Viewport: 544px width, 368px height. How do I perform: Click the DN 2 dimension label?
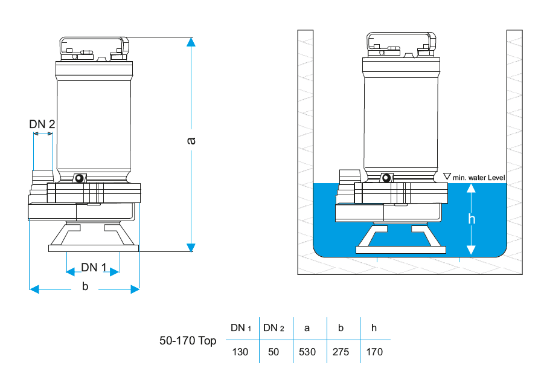[42, 124]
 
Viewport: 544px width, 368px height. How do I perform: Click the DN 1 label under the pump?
[94, 268]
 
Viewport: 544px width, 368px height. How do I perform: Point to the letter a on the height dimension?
[191, 140]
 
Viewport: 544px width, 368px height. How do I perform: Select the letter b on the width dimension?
[85, 286]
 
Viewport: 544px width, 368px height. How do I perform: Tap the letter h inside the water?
[472, 219]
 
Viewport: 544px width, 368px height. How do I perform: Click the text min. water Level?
[479, 178]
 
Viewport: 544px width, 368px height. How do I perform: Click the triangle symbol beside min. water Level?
[447, 176]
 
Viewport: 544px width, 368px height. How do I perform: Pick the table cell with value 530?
[307, 352]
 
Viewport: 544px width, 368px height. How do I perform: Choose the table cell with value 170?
[374, 352]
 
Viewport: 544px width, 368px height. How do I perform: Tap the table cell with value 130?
[240, 352]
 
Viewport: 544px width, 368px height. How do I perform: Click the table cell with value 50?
[274, 352]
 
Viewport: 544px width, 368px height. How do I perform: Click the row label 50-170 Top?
[188, 341]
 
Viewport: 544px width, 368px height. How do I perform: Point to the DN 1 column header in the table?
[240, 328]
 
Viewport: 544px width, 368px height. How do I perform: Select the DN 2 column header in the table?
[274, 328]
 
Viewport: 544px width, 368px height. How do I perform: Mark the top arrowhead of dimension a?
[191, 42]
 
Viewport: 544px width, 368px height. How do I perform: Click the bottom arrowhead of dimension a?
[191, 247]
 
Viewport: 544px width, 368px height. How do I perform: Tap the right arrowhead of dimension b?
[135, 289]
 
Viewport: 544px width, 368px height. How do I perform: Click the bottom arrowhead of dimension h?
[472, 249]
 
